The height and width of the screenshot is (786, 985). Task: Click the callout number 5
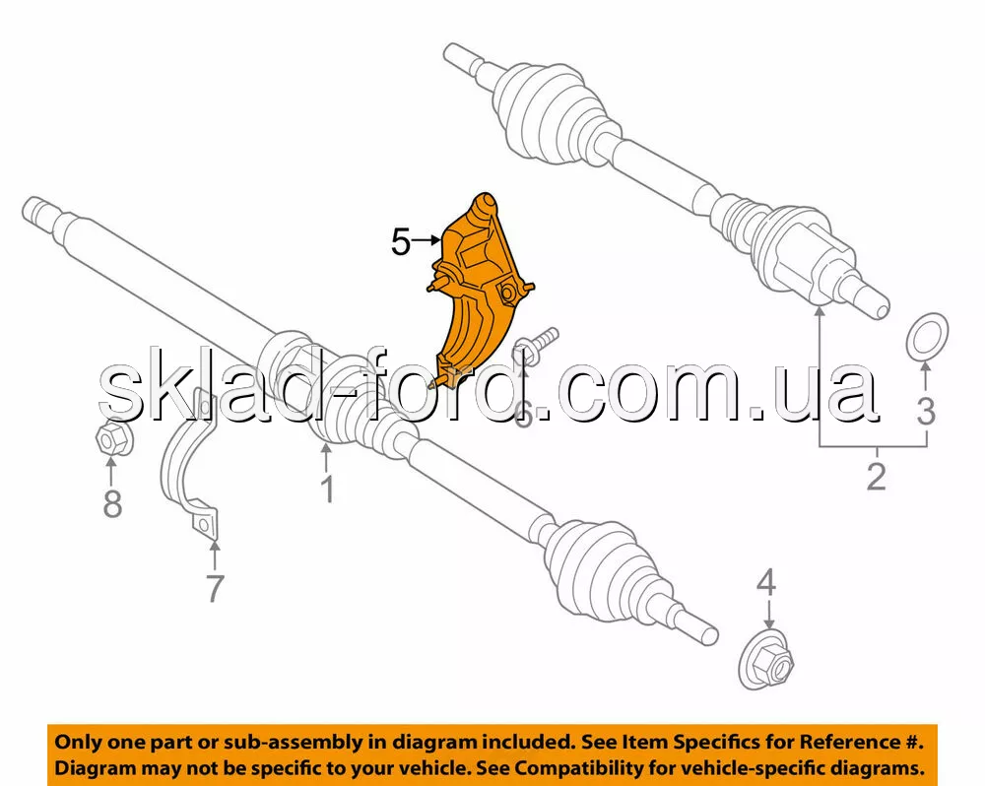tap(400, 241)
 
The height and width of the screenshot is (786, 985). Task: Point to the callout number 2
tap(876, 477)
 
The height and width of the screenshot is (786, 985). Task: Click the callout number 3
tap(925, 411)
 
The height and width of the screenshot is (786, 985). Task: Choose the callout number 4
tap(766, 583)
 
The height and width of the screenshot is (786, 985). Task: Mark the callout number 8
tap(113, 503)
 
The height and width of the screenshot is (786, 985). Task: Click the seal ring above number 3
tap(926, 336)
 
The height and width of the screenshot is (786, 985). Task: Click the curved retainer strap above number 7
tap(187, 473)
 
